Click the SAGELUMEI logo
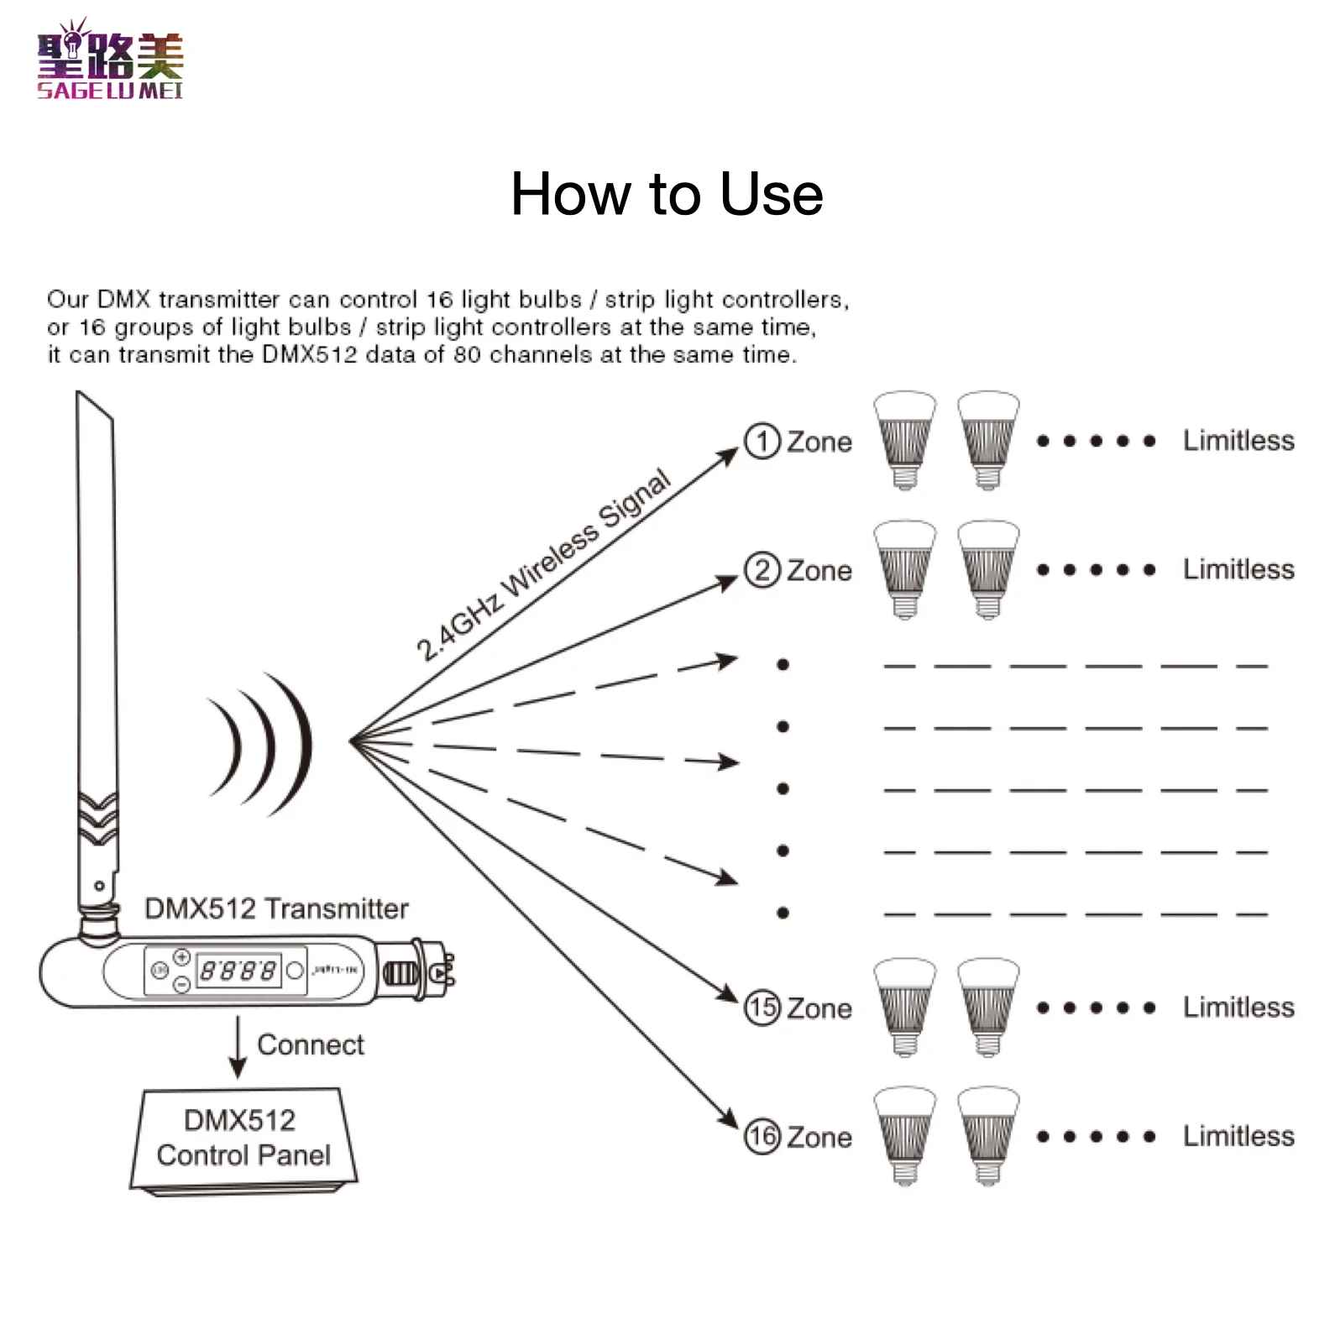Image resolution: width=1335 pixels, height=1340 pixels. click(110, 60)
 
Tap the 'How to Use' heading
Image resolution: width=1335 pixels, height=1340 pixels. click(667, 194)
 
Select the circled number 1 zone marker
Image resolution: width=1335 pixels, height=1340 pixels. click(762, 441)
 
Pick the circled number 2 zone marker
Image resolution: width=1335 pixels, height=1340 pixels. click(762, 570)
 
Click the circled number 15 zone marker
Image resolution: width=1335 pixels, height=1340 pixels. click(762, 1008)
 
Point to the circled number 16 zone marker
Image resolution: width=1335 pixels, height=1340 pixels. click(762, 1137)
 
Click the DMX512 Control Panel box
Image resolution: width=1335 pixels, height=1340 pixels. click(243, 1140)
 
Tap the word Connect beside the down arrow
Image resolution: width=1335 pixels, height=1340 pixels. click(311, 1044)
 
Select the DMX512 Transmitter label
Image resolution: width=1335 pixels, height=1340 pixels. click(276, 908)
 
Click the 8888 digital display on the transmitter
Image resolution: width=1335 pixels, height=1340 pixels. click(238, 971)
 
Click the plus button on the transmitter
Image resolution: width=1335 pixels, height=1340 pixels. click(181, 957)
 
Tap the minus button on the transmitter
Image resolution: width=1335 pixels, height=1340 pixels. click(181, 985)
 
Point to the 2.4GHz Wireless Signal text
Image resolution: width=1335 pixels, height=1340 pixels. click(544, 564)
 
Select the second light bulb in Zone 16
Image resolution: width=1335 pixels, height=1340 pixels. click(988, 1136)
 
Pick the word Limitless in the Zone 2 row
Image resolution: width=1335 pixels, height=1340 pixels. click(1238, 569)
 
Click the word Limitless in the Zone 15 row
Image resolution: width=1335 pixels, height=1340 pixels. click(1238, 1007)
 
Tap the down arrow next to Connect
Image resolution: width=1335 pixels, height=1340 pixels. click(238, 1047)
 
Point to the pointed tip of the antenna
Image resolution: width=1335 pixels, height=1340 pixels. click(78, 392)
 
